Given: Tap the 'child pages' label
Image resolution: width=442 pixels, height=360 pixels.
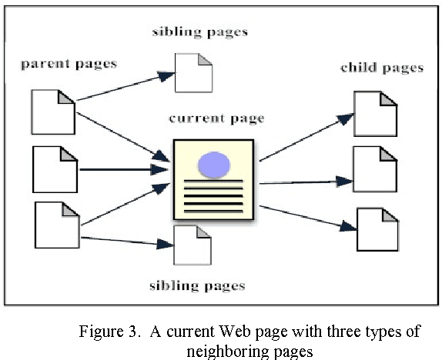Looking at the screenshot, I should tap(382, 68).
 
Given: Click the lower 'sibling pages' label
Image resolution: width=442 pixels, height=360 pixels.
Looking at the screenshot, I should tap(196, 285).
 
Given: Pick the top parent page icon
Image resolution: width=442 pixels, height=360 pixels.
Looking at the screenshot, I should tap(52, 111).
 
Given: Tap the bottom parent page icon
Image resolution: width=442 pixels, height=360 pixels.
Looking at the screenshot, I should tap(58, 224).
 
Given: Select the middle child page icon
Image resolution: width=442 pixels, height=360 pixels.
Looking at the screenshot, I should tap(374, 168).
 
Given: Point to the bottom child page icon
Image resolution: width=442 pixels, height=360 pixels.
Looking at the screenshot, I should tap(378, 229).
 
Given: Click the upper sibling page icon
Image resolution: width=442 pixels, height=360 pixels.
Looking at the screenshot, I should tap(193, 72).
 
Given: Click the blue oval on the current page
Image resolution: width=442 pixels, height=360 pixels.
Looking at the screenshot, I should tap(213, 164).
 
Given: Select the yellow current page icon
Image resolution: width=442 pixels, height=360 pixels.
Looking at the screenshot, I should tap(213, 178).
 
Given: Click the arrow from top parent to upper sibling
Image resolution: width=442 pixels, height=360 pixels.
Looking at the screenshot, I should tap(123, 87).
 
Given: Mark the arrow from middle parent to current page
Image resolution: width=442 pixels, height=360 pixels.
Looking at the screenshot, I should tap(123, 168).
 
